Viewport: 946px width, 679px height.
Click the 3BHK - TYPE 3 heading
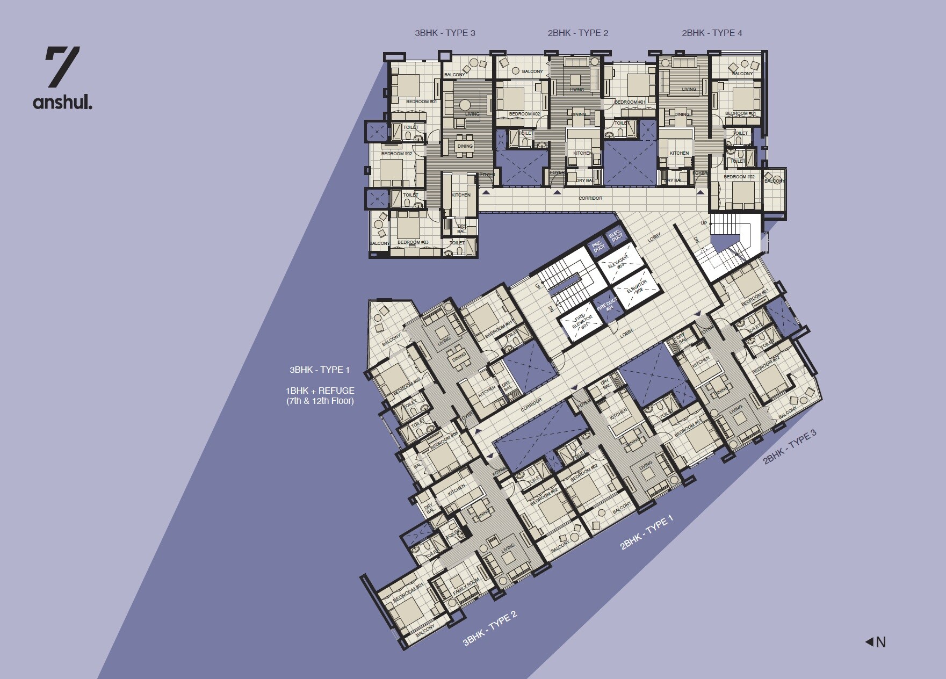click(445, 33)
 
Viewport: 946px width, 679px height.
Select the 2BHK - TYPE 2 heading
click(577, 33)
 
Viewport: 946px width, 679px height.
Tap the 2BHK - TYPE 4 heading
click(712, 33)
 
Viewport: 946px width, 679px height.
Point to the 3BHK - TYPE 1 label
click(320, 370)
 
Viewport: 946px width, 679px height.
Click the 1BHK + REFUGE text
click(320, 391)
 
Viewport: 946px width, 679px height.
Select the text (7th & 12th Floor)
click(320, 401)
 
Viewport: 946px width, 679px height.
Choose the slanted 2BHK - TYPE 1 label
click(646, 533)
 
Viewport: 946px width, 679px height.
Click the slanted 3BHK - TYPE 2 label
click(489, 627)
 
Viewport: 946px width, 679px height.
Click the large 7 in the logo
click(62, 67)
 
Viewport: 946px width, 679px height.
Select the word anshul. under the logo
click(62, 102)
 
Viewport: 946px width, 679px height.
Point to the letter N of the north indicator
click(881, 642)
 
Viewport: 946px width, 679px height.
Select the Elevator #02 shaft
click(636, 290)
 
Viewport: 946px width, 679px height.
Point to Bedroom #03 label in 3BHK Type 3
click(413, 242)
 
